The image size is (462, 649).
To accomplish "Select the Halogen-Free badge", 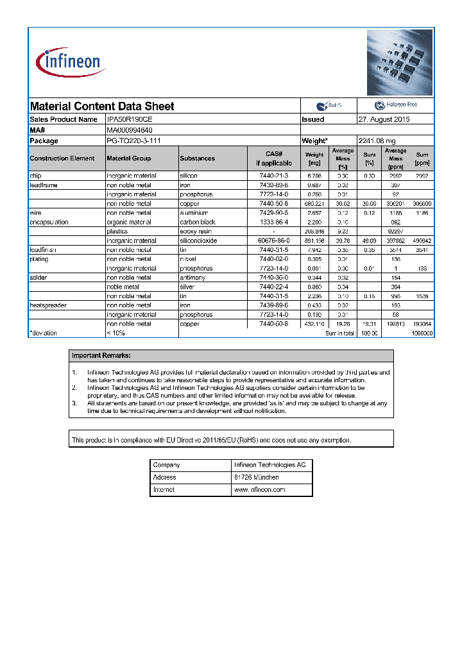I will point(395,106).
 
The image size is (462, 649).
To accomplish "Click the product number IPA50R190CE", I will point(130,119).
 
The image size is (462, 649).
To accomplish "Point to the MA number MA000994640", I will point(130,130).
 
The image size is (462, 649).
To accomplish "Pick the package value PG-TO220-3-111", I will point(133,140).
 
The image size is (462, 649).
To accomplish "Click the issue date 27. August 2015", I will point(384,119).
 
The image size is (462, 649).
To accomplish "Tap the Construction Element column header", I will point(62,158).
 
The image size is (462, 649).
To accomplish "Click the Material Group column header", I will point(129,158).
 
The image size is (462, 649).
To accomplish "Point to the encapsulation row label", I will point(49,222).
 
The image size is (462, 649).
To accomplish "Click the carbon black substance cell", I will point(198,222).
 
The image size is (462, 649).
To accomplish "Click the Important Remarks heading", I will point(101,355).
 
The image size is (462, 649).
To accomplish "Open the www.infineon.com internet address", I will point(259,489).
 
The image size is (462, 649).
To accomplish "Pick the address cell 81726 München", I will point(257,477).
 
